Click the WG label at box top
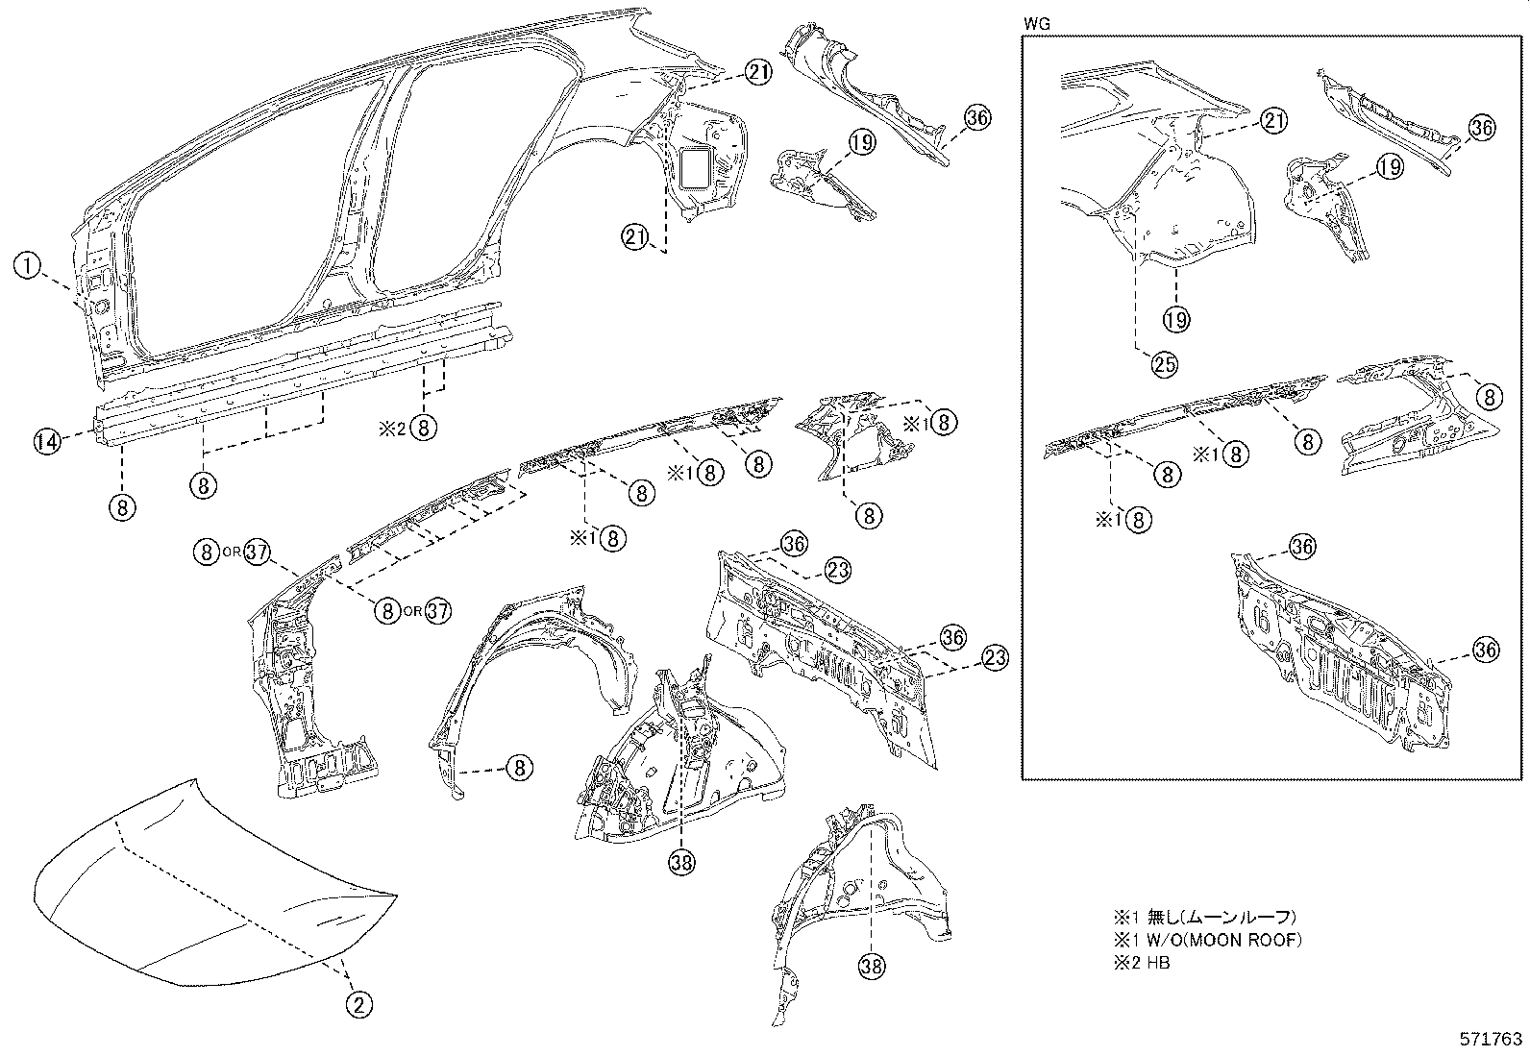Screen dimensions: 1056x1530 coord(1035,20)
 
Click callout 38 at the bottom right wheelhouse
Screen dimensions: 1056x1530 coord(872,966)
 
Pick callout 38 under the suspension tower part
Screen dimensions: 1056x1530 coord(681,863)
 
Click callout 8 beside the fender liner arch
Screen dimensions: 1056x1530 coord(519,767)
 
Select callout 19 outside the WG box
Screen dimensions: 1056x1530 coord(862,143)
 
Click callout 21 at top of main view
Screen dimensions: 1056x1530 coord(757,72)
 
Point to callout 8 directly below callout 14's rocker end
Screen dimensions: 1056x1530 coord(123,506)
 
